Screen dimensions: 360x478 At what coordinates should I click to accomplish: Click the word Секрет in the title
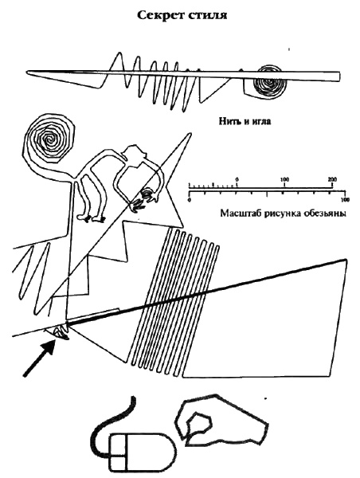[x=158, y=14]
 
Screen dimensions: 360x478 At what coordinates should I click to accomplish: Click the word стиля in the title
[x=206, y=15]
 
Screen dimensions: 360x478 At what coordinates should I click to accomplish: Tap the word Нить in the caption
[x=230, y=121]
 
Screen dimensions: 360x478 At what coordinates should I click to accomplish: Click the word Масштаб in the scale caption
[x=241, y=213]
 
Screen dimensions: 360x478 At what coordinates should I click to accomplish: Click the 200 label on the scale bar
[x=332, y=178]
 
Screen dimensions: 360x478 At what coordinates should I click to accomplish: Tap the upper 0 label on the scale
[x=237, y=178]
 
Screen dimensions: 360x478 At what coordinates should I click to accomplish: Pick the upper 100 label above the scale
[x=284, y=178]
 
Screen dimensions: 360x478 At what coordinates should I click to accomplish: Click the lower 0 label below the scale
[x=190, y=200]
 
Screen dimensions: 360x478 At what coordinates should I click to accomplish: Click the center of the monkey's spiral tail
[x=49, y=139]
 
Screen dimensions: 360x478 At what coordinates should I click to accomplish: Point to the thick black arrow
[x=39, y=358]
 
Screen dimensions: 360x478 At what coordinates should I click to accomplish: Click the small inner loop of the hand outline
[x=199, y=422]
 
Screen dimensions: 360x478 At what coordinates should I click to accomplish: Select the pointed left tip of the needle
[x=27, y=72]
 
